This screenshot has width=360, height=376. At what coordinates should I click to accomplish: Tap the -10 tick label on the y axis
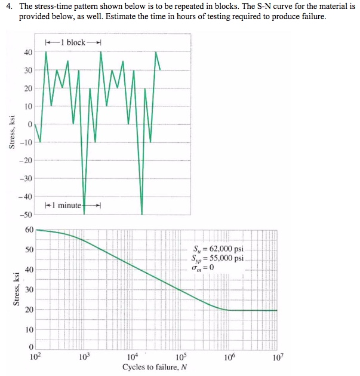[26, 142]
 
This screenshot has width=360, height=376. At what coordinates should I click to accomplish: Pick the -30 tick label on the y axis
[26, 179]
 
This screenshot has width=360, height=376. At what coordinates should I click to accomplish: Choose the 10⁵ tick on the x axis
[181, 357]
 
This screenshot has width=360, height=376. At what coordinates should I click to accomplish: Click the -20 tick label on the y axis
[26, 160]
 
